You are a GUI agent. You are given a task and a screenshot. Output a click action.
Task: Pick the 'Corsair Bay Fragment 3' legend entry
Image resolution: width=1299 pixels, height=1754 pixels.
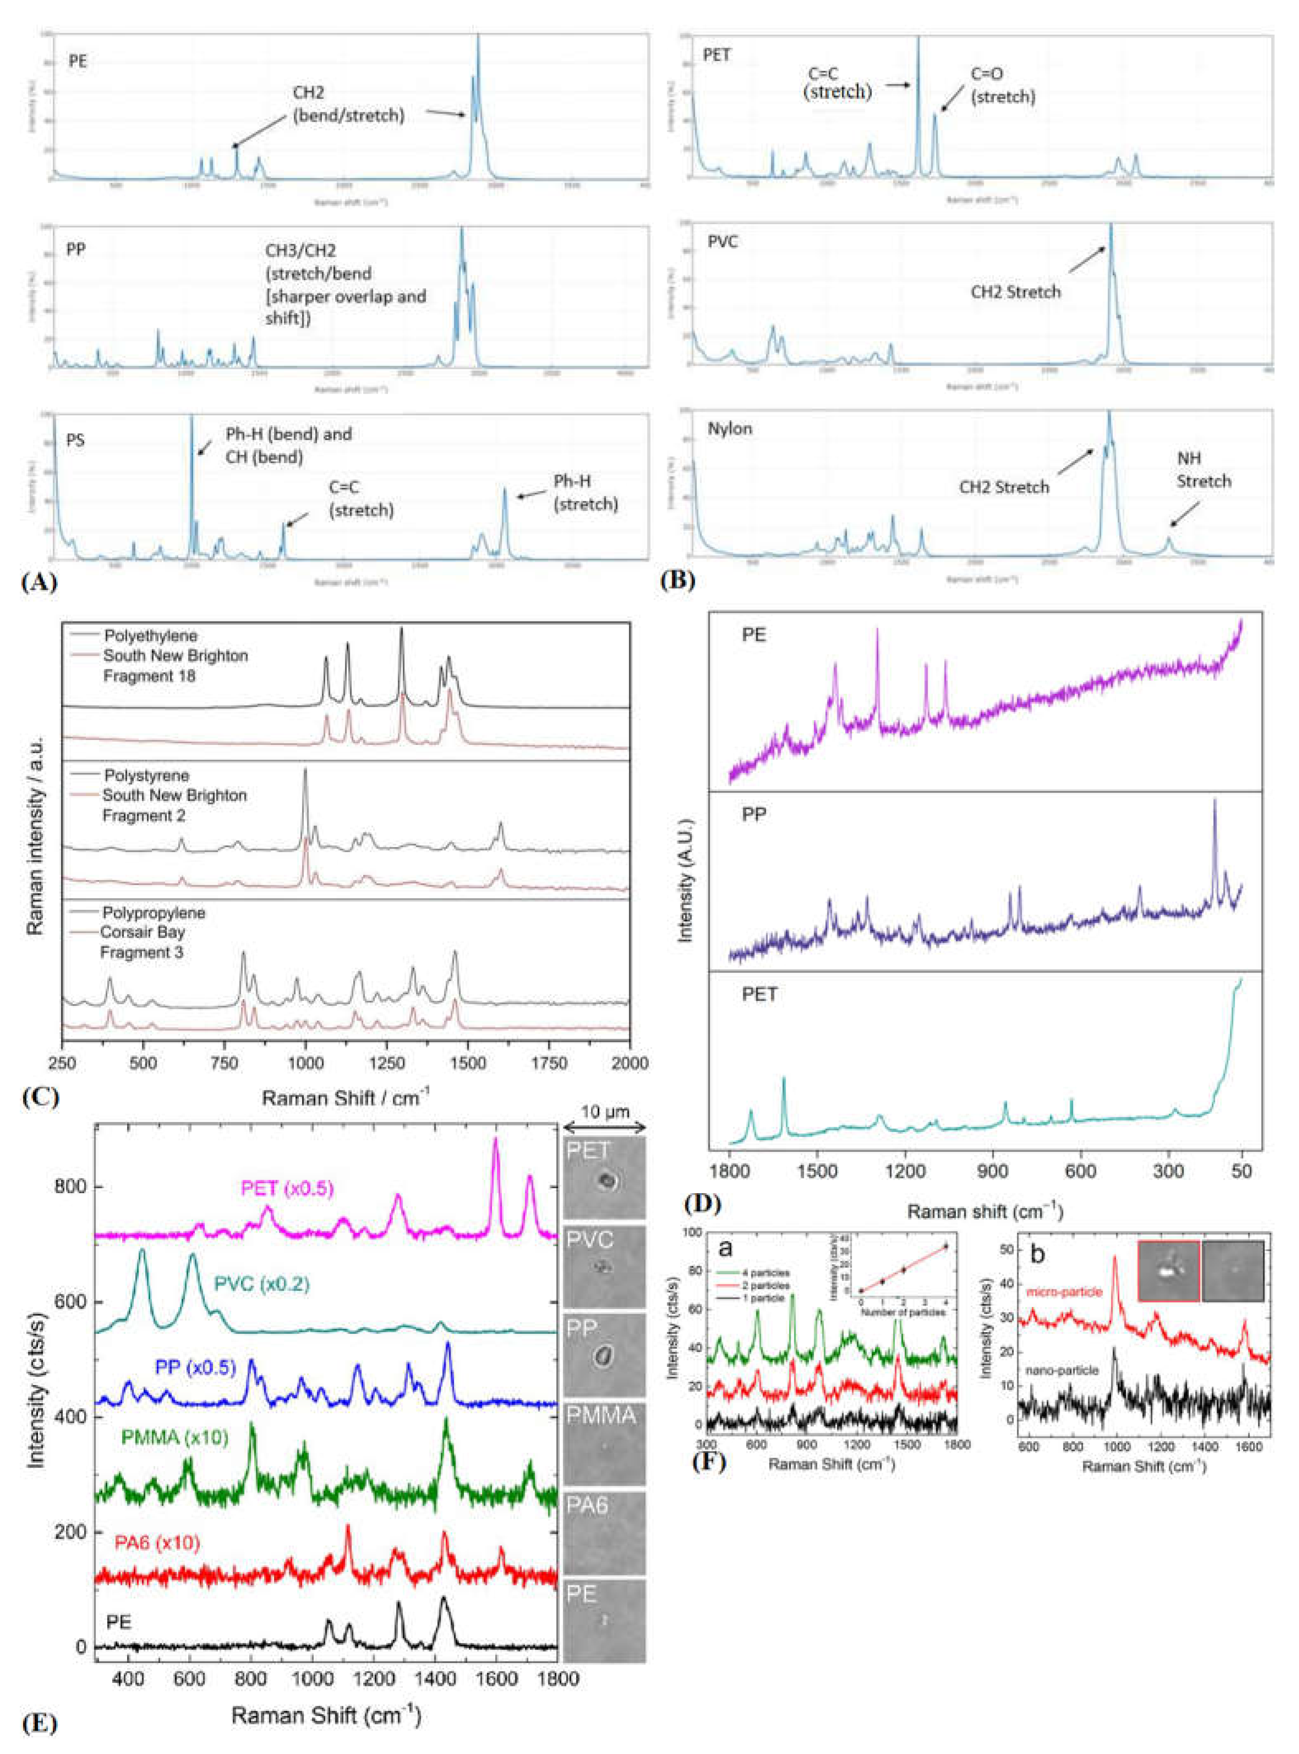142,942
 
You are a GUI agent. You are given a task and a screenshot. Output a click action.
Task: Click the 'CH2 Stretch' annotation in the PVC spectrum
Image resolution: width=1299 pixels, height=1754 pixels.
1015,292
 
